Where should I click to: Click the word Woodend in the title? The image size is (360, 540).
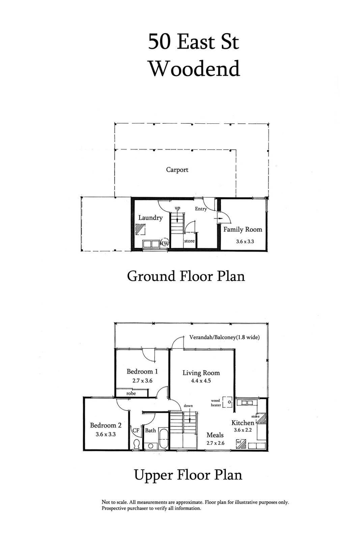[x=194, y=69]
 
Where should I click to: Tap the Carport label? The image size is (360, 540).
[x=177, y=170]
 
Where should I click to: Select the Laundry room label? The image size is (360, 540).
[x=150, y=218]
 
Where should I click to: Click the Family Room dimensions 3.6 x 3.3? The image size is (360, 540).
[x=245, y=241]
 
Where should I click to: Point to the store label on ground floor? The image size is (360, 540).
[x=189, y=241]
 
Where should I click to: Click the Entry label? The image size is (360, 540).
[x=201, y=209]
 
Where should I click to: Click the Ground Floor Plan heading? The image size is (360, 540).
[x=186, y=275]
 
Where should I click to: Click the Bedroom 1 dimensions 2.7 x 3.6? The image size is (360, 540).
[x=143, y=380]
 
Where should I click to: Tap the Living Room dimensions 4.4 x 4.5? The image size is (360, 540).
[x=201, y=381]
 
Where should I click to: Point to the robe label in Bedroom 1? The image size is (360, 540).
[x=131, y=393]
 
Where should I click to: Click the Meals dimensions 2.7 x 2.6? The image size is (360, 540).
[x=216, y=443]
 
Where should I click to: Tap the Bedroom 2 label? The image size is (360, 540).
[x=106, y=425]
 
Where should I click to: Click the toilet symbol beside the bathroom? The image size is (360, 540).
[x=137, y=444]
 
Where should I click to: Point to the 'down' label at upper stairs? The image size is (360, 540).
[x=188, y=406]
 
